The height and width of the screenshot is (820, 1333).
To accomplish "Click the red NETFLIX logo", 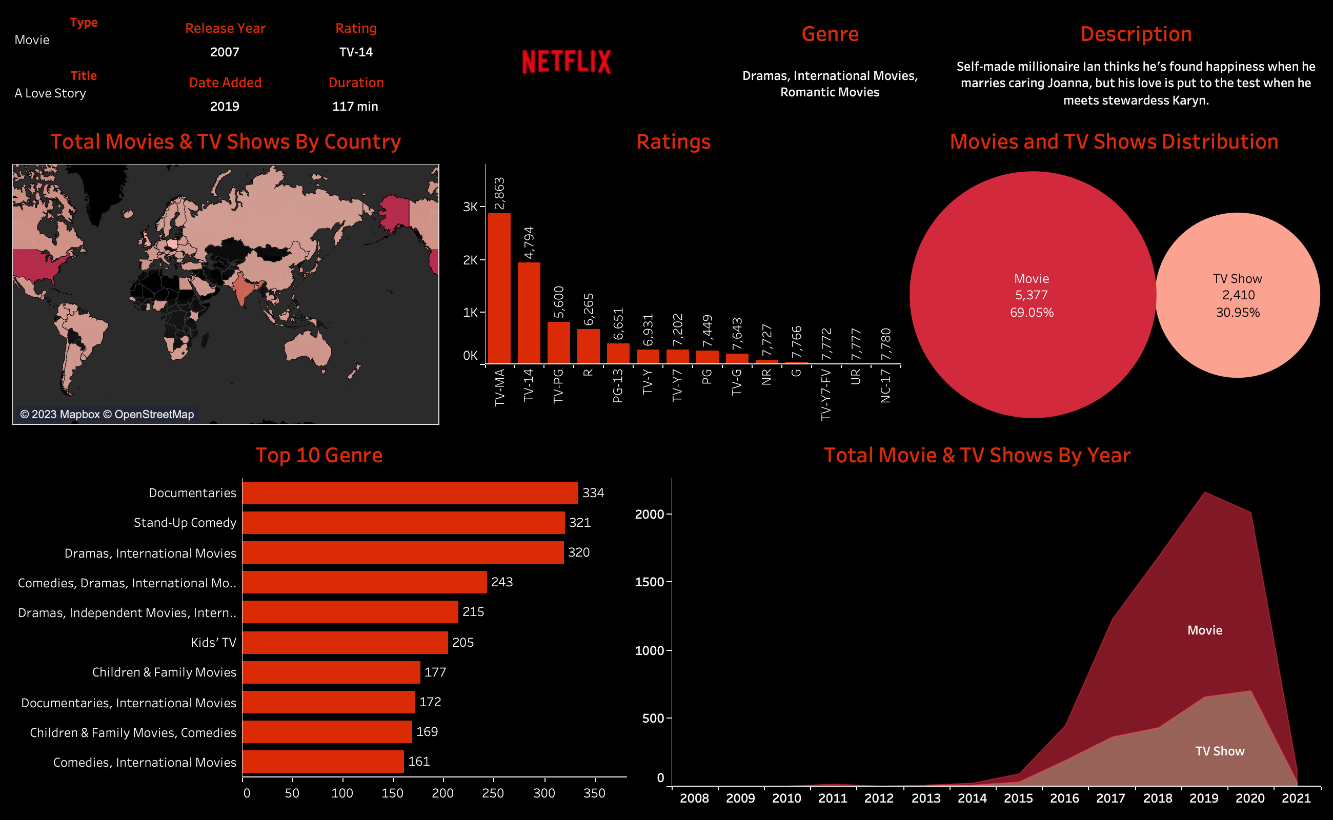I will (x=567, y=62).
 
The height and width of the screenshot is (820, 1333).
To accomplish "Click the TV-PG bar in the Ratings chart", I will (x=558, y=342).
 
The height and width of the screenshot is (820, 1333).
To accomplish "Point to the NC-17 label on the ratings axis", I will (x=885, y=385).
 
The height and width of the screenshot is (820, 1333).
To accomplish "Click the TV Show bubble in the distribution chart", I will (x=1238, y=295).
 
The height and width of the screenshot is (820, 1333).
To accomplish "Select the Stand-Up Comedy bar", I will (x=403, y=523).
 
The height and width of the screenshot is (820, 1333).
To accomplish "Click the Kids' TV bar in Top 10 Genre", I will (x=345, y=643).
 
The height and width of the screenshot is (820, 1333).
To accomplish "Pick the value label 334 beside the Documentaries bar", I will (x=593, y=493).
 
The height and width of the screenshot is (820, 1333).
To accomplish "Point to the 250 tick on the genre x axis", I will (x=493, y=793).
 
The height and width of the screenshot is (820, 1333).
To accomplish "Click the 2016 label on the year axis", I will (x=1064, y=798).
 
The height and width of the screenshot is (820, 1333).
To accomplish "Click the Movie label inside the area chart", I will (x=1204, y=630).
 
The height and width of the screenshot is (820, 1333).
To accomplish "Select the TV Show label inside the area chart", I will (x=1220, y=751).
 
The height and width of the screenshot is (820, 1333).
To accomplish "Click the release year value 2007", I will (x=225, y=52).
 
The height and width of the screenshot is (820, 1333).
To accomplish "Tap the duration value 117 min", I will (x=355, y=106).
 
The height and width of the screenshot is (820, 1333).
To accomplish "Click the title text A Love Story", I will (x=50, y=93).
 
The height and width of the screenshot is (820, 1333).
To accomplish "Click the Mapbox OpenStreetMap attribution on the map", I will (x=107, y=414).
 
